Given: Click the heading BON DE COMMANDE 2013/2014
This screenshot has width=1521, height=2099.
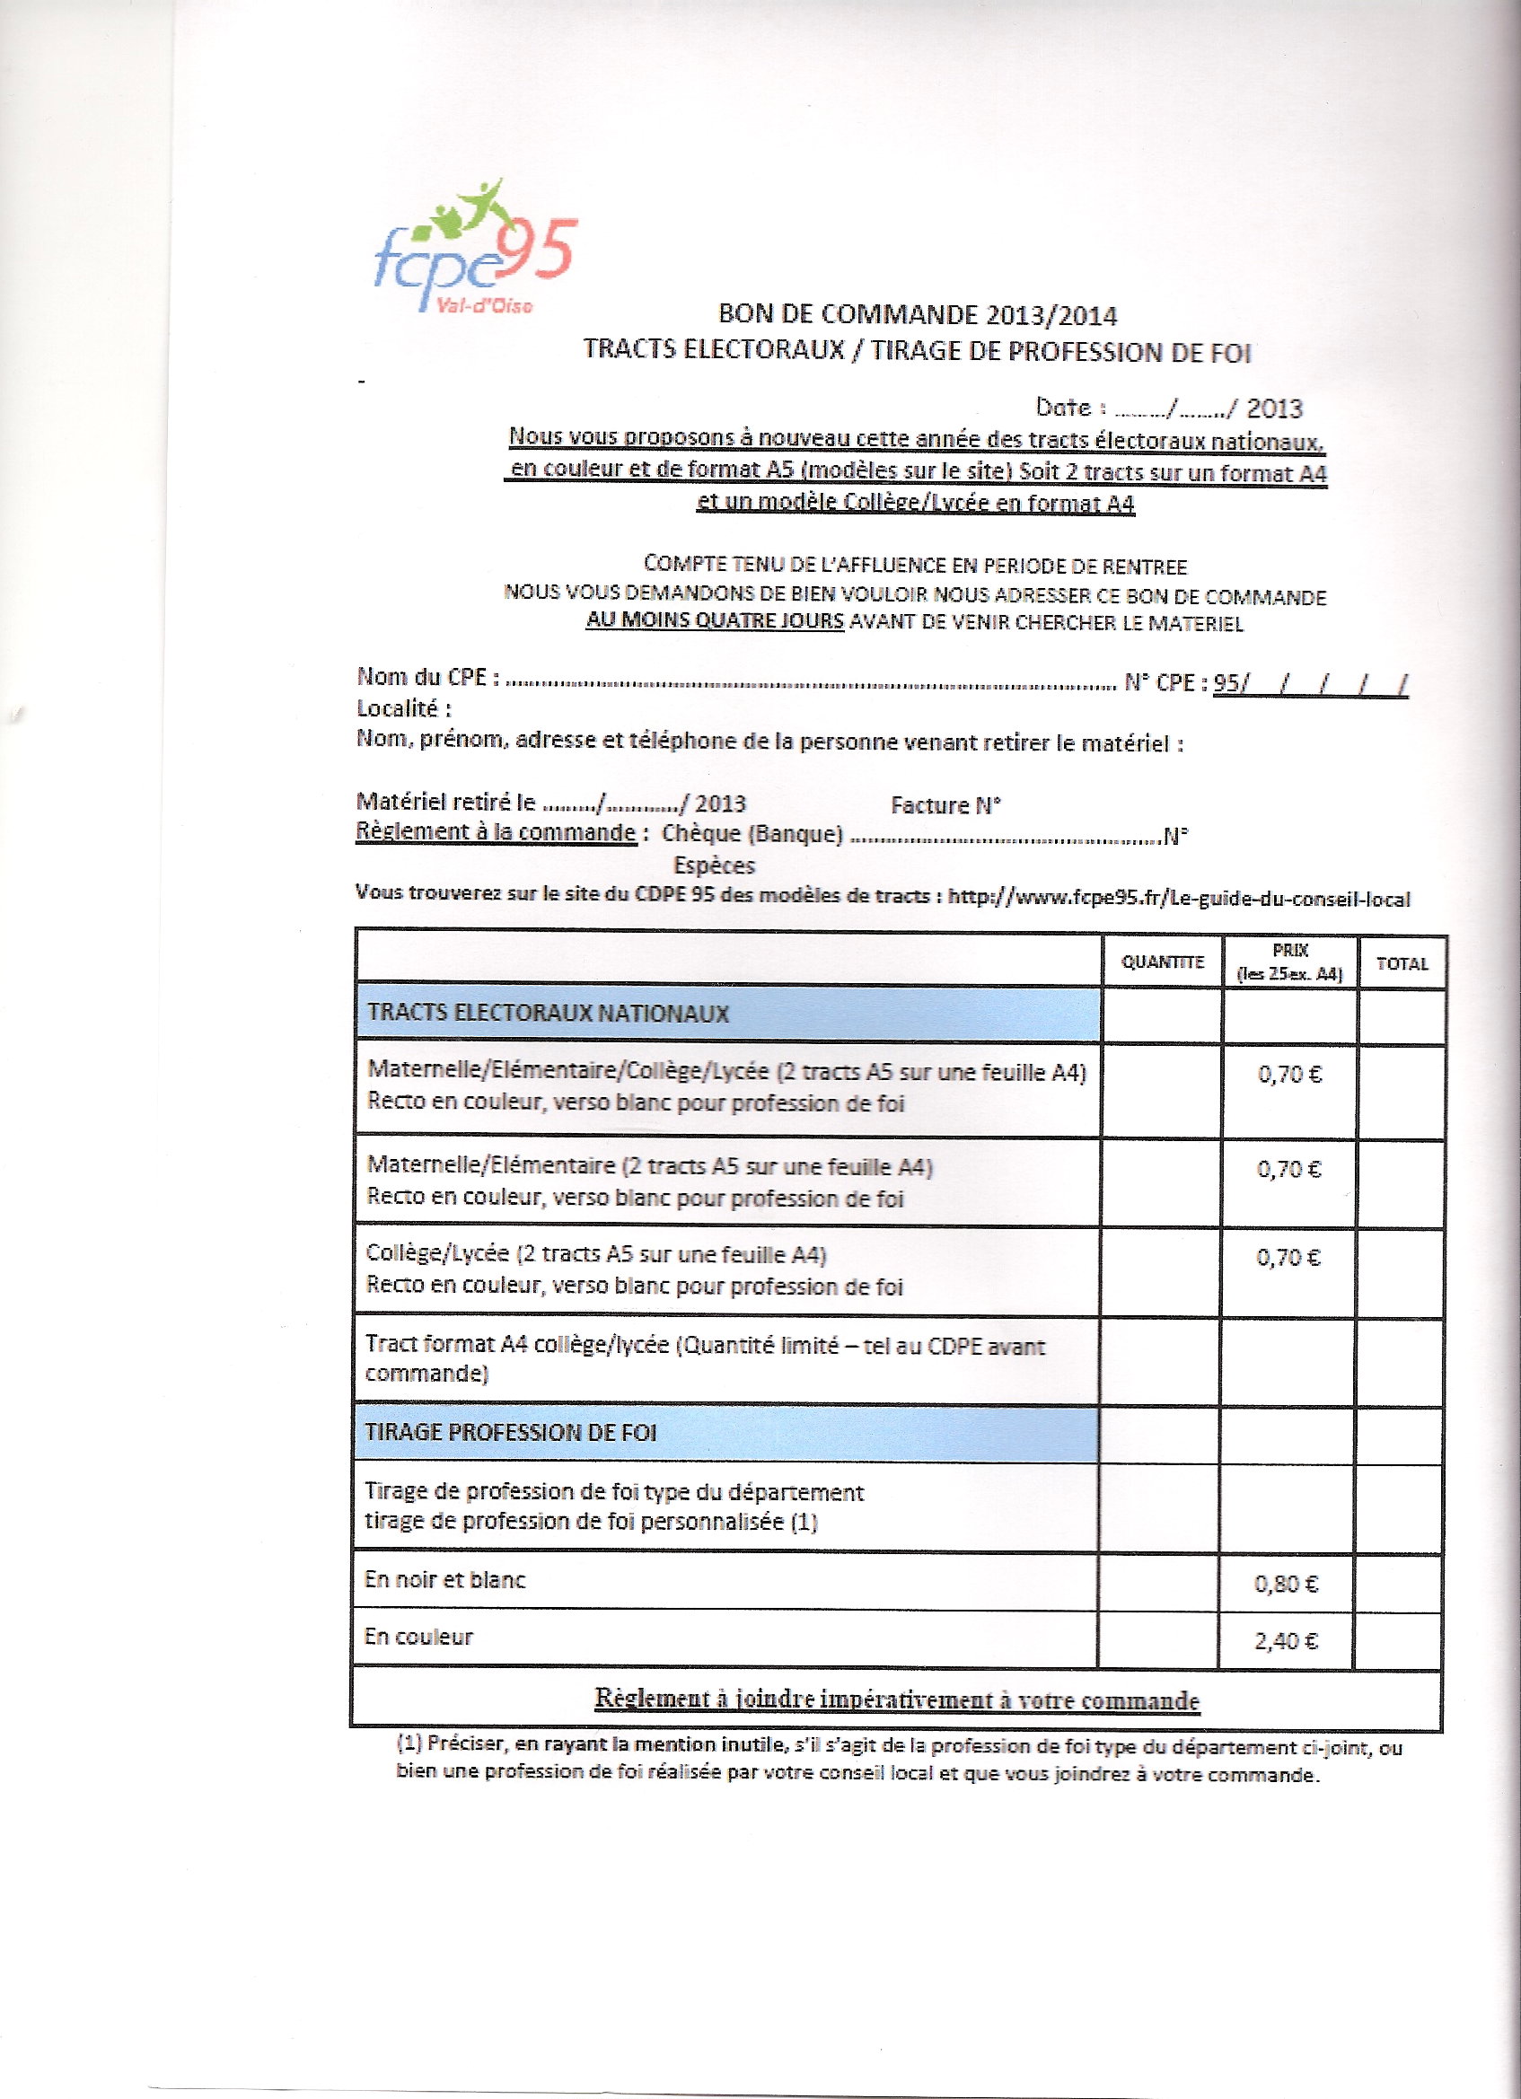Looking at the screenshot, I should click(x=918, y=316).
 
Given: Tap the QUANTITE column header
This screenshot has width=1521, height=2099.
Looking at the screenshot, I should click(x=1162, y=962).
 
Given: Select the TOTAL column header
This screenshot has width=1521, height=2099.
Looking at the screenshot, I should click(x=1402, y=963).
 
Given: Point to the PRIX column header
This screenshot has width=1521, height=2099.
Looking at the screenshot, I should click(x=1289, y=962).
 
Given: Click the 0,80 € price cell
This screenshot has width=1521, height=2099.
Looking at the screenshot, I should click(x=1287, y=1584).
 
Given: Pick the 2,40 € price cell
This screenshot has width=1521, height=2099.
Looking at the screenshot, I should click(x=1287, y=1641).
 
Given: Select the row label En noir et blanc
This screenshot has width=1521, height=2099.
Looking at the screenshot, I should click(x=445, y=1580).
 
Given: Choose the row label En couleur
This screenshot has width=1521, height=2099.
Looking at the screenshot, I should click(x=418, y=1637).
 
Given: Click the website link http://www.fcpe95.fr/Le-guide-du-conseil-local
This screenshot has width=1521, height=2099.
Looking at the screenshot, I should click(x=1179, y=898).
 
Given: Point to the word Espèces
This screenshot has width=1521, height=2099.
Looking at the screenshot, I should click(x=714, y=865).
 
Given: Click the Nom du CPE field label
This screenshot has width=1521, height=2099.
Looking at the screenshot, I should click(x=427, y=677).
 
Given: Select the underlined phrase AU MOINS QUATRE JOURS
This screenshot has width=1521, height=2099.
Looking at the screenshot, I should click(x=715, y=622).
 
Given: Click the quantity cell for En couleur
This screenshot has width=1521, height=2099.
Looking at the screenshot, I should click(x=1157, y=1639).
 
